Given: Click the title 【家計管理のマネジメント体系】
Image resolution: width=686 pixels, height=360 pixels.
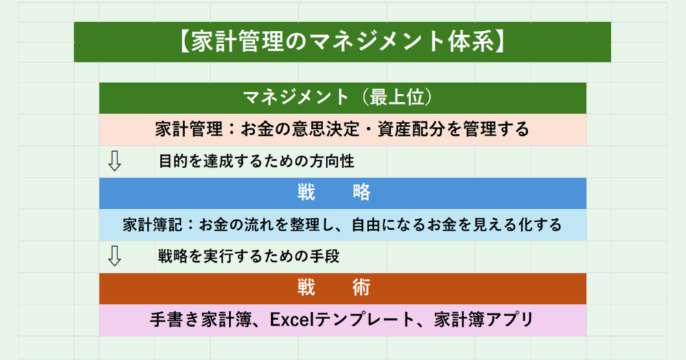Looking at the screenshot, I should [x=342, y=41].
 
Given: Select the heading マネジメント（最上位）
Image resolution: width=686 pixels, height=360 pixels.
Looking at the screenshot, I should [x=342, y=97].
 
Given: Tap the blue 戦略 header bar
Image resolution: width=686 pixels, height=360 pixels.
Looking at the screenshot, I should [x=342, y=193].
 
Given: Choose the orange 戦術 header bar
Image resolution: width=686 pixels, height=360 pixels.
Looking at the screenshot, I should [x=342, y=288].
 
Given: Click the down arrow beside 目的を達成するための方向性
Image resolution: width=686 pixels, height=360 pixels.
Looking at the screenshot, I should [x=115, y=161].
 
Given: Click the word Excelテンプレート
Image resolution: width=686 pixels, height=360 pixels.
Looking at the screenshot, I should [x=342, y=320].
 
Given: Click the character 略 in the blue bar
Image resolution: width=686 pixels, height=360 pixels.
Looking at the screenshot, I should [x=362, y=193].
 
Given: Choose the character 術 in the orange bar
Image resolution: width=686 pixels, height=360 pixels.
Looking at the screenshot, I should [x=362, y=288].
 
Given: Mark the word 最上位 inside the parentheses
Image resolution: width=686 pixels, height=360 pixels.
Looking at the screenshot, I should [x=397, y=97].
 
